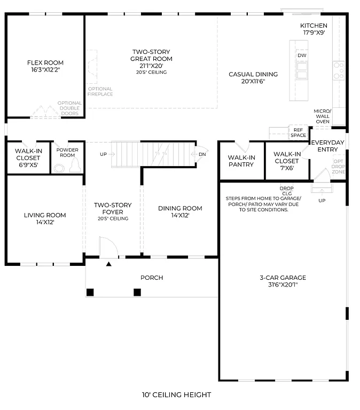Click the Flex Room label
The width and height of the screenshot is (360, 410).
point(45,63)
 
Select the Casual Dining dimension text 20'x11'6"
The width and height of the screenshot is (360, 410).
point(253,82)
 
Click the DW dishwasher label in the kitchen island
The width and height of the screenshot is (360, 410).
point(302,56)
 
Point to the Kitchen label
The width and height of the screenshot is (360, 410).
point(314,26)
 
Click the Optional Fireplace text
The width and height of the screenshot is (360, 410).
point(100,91)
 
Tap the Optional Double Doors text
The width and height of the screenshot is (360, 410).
point(69,108)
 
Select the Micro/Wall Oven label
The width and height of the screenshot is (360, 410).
point(323,116)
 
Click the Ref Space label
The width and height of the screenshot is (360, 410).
point(298,132)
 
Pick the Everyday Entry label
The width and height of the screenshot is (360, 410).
point(328,146)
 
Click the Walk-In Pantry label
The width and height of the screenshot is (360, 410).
point(241,161)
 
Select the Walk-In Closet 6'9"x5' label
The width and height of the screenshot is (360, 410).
point(28,158)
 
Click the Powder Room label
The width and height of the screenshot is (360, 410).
point(67,153)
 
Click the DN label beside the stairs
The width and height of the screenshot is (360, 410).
point(202,154)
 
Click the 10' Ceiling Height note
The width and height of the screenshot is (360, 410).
point(176,395)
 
